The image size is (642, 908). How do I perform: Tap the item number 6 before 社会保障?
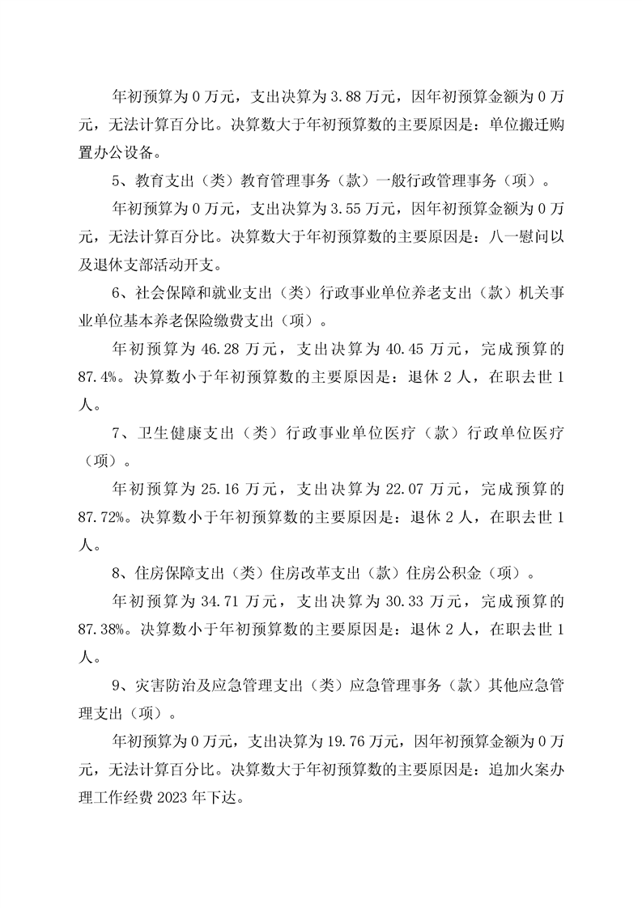pyautogui.click(x=117, y=296)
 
